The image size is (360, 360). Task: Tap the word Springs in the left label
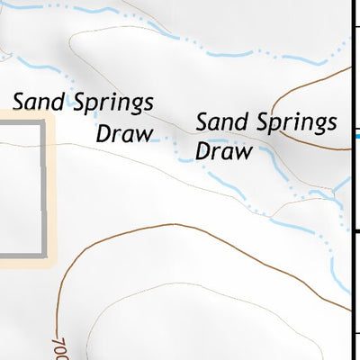(x=108, y=103)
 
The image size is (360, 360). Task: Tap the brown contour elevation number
(x=60, y=342)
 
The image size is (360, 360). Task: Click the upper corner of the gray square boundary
(x=41, y=121)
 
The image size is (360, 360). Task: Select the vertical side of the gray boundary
(x=41, y=189)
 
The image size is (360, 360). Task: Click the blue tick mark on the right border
(x=355, y=137)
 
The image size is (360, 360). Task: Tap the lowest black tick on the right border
(x=355, y=335)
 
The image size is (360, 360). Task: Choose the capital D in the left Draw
(x=103, y=134)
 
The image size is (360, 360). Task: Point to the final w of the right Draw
(x=241, y=151)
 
